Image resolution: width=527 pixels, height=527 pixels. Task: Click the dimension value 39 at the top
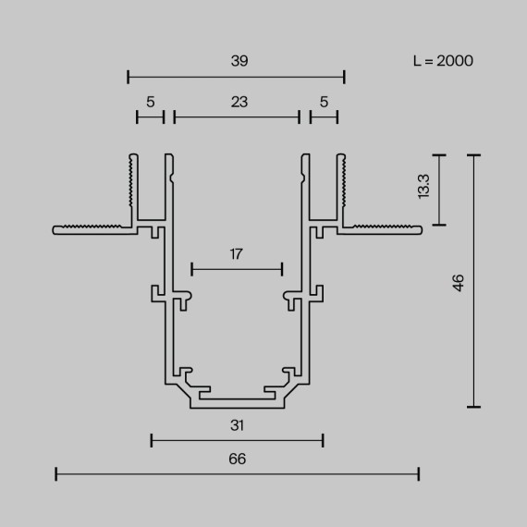pyautogui.click(x=237, y=60)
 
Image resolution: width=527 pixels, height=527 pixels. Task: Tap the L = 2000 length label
pyautogui.click(x=443, y=61)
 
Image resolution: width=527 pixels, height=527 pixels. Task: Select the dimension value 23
pyautogui.click(x=238, y=103)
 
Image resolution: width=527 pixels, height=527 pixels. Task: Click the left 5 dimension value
pyautogui.click(x=150, y=103)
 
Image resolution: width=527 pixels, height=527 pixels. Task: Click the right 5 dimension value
pyautogui.click(x=324, y=103)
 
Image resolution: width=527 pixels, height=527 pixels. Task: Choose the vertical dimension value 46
pyautogui.click(x=458, y=282)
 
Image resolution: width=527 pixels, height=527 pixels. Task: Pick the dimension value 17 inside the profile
pyautogui.click(x=237, y=253)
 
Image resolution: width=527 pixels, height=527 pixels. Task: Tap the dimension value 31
pyautogui.click(x=237, y=425)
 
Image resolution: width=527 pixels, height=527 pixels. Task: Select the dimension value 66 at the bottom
pyautogui.click(x=237, y=458)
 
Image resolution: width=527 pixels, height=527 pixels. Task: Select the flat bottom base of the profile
pyautogui.click(x=237, y=403)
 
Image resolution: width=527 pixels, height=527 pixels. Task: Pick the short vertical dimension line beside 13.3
pyautogui.click(x=441, y=190)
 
